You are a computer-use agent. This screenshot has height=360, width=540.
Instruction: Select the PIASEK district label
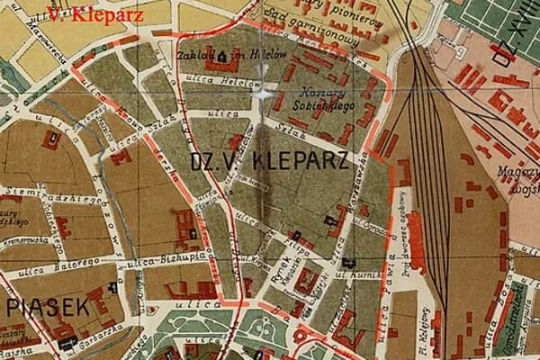(47, 307)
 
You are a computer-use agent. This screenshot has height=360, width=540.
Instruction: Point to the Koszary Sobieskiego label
(326, 107)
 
